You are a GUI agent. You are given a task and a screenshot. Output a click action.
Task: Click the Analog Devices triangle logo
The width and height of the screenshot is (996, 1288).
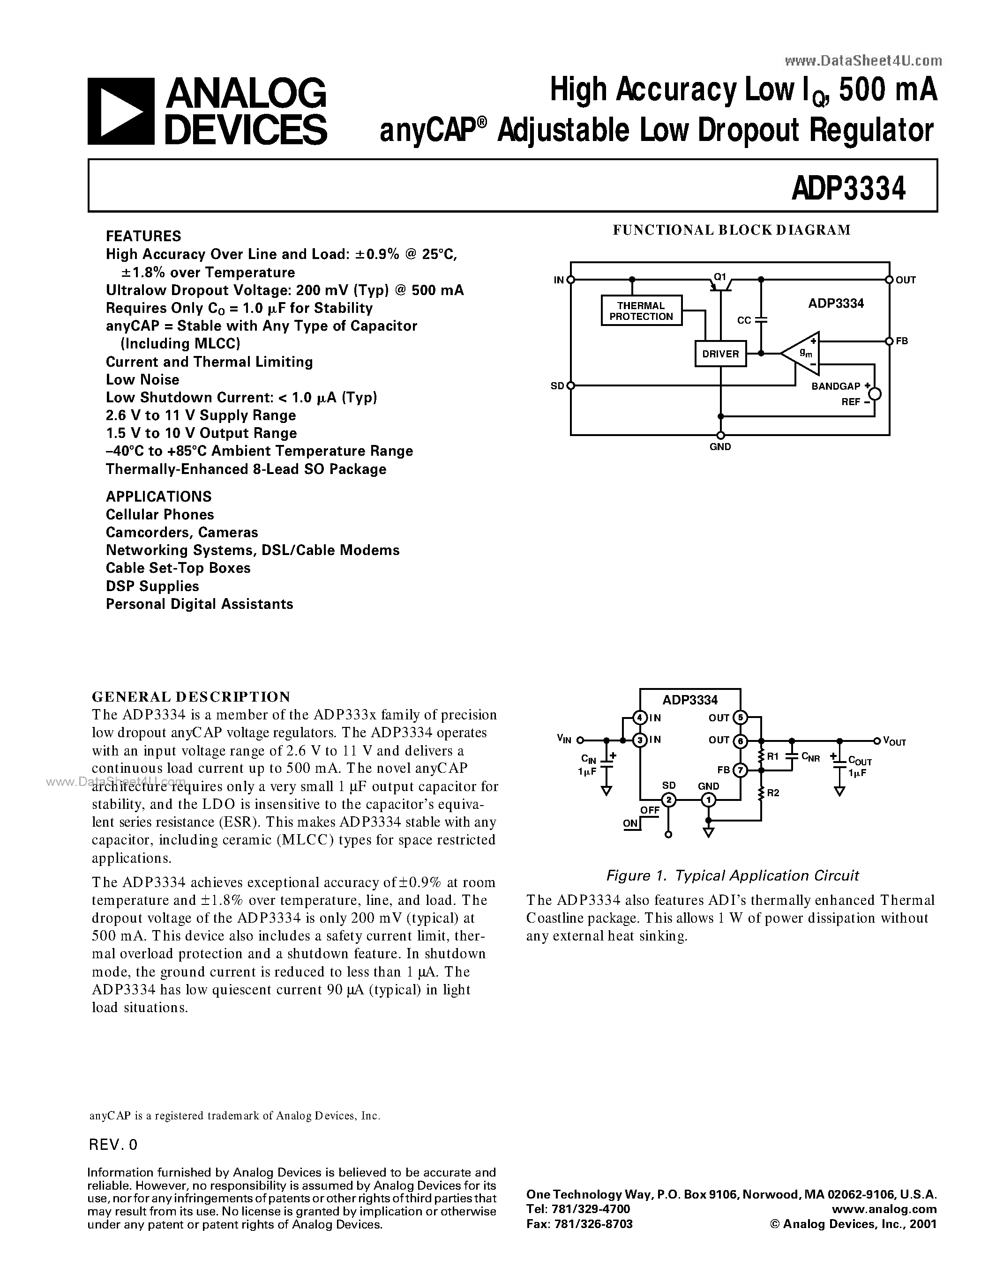121,111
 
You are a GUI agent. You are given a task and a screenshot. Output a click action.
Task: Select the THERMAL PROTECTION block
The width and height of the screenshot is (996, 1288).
641,311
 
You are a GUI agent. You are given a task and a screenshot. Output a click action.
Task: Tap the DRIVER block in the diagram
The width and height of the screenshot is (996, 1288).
720,354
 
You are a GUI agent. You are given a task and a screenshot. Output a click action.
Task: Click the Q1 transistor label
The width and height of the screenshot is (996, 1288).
720,276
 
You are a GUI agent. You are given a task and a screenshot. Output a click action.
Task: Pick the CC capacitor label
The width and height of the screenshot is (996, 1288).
744,320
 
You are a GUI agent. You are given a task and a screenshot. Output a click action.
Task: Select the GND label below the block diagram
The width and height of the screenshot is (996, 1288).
720,447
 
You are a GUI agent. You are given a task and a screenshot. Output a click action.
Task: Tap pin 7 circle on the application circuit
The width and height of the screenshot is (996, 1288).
741,770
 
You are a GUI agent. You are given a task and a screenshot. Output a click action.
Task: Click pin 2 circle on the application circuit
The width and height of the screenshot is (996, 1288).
668,799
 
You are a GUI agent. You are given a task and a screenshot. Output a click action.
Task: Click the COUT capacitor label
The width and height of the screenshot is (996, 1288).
860,762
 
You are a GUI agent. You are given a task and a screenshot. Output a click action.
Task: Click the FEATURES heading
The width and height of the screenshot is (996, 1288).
143,236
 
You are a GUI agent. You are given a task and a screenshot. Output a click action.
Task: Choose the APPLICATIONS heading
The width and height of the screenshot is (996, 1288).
158,496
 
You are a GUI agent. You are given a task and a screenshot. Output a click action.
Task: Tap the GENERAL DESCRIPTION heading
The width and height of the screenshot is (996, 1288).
191,696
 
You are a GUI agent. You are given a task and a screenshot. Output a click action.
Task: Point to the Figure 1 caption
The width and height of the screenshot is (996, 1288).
732,876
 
